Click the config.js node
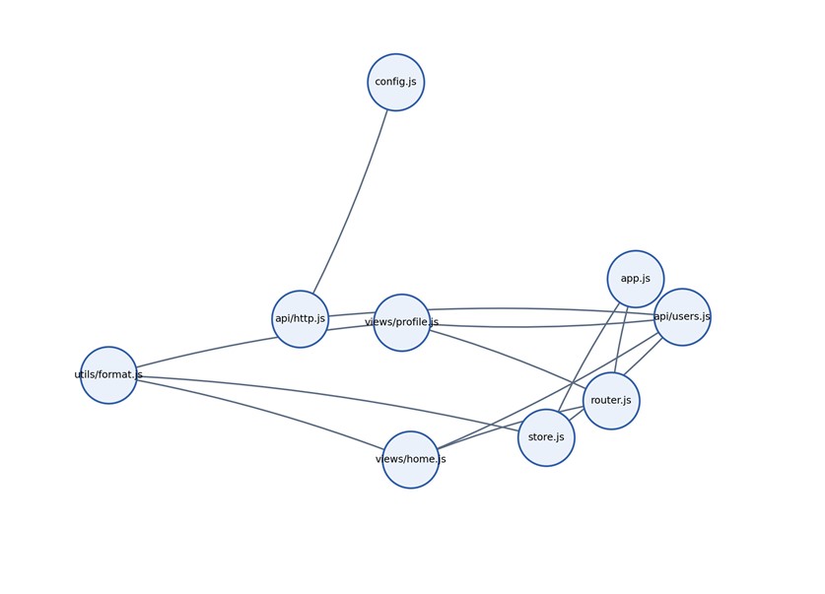pyautogui.click(x=395, y=82)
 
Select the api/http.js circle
pyautogui.click(x=301, y=318)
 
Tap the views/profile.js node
pyautogui.click(x=402, y=322)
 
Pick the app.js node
pyautogui.click(x=636, y=279)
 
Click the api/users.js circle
pyautogui.click(x=682, y=316)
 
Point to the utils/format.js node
pyautogui.click(x=108, y=374)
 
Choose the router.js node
pyautogui.click(x=611, y=401)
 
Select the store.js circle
pyautogui.click(x=546, y=437)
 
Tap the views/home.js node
pyautogui.click(x=411, y=459)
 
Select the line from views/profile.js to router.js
pyautogui.click(x=511, y=354)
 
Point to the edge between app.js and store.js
pyautogui.click(x=589, y=357)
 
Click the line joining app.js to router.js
pyautogui.click(x=621, y=340)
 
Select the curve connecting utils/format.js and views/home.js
pyautogui.click(x=262, y=409)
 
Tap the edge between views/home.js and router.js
pyautogui.click(x=511, y=426)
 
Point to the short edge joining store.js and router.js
pyautogui.click(x=576, y=415)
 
